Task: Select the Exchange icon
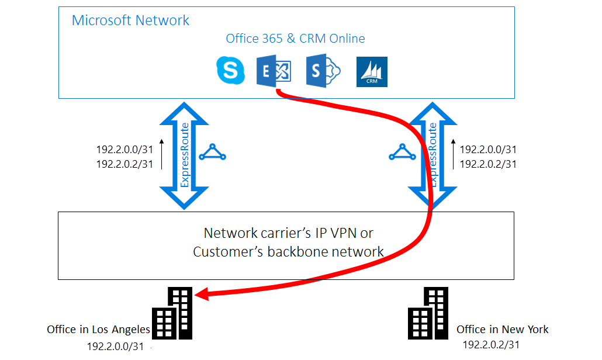tap(274, 71)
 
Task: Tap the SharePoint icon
tap(323, 71)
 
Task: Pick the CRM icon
tap(372, 72)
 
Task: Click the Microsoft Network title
tap(130, 20)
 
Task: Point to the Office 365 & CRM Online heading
tap(295, 39)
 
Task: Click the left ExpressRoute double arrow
tap(184, 155)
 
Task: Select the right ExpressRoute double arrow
tap(432, 155)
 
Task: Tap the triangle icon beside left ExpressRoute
tap(212, 153)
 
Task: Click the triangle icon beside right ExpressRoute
tap(403, 153)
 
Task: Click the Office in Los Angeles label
tap(98, 330)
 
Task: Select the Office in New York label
tap(502, 330)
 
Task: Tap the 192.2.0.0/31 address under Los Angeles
tap(116, 346)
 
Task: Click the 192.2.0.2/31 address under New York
tap(490, 345)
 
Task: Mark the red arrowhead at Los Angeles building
tap(200, 296)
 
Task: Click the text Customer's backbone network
tap(289, 252)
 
